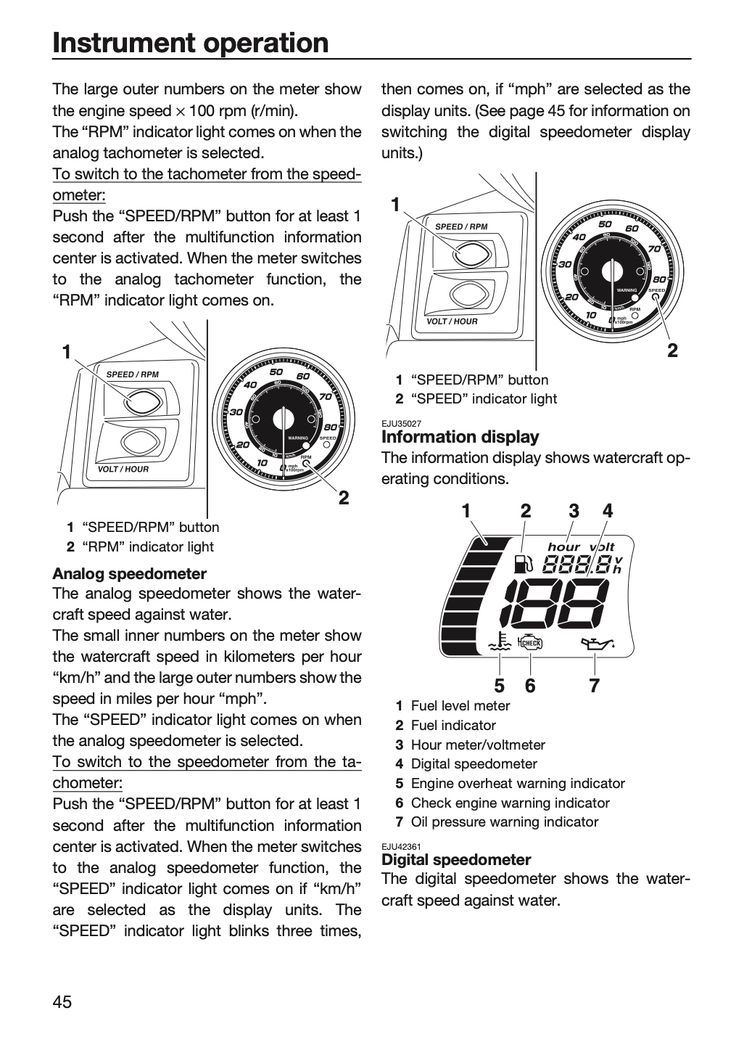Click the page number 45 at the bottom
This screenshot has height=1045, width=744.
pos(62,1001)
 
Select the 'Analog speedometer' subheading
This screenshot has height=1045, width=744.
pos(130,573)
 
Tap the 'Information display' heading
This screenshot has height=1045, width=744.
pos(460,437)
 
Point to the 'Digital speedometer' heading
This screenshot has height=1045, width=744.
pos(456,859)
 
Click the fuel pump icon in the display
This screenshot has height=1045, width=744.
pos(523,564)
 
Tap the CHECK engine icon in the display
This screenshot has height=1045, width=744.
pos(531,644)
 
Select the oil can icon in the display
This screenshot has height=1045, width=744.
pos(598,644)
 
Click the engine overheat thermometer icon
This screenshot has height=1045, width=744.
pos(500,642)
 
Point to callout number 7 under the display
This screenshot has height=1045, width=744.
pos(594,685)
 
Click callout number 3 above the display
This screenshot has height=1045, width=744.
pos(574,512)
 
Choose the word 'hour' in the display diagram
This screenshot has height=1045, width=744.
pos(563,546)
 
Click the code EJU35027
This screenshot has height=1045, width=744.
pos(401,424)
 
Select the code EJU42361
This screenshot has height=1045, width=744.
pos(401,847)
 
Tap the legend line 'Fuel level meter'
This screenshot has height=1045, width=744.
pos(460,706)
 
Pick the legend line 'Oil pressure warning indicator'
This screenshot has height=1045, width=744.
pos(505,821)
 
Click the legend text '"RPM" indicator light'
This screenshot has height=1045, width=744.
pos(148,546)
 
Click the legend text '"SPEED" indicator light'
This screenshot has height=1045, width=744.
pos(484,398)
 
